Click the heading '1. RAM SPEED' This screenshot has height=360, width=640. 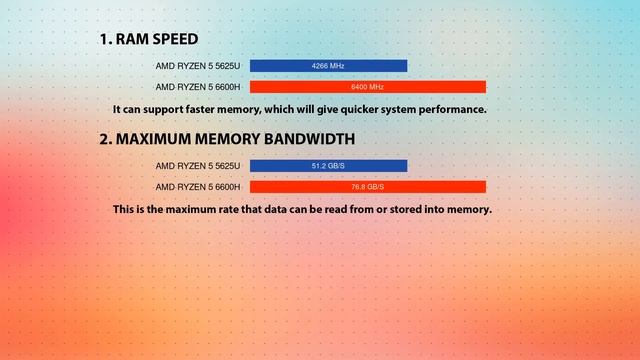[x=148, y=39]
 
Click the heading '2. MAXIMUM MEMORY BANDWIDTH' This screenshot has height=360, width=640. [x=226, y=139]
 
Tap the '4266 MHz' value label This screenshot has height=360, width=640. [x=328, y=66]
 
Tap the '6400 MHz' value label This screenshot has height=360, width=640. [x=367, y=87]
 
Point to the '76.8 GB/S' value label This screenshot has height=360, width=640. [x=367, y=187]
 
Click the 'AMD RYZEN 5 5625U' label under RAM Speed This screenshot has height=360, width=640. [x=198, y=66]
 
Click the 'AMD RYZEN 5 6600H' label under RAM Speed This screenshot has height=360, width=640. [x=198, y=87]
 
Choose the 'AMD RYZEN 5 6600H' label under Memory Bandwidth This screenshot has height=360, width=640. [x=198, y=187]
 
